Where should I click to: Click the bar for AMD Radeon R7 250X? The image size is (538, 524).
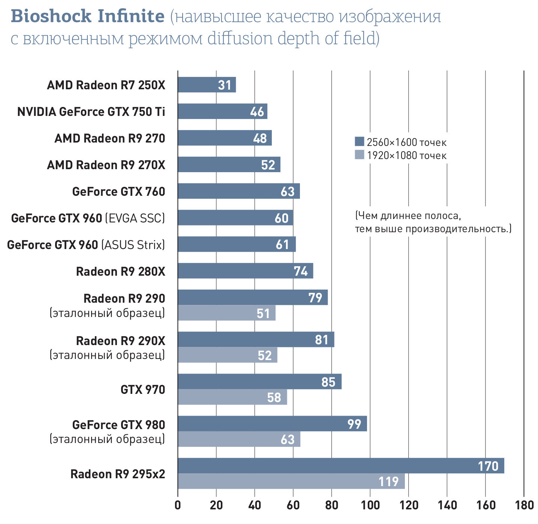(207, 85)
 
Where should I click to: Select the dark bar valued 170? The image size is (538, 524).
(340, 465)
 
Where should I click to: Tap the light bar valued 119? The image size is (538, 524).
(291, 481)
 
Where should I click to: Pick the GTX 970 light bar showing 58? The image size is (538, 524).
(232, 397)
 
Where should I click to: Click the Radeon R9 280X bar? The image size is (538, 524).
(245, 271)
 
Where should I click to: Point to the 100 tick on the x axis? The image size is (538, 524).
(370, 505)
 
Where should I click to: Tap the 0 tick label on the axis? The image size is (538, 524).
(178, 505)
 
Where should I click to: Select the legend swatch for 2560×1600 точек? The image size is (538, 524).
(359, 141)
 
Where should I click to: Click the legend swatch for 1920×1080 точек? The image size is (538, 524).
(359, 155)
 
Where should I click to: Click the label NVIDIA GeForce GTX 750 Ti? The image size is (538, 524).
(91, 112)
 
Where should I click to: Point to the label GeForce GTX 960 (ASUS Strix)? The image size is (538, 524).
(86, 245)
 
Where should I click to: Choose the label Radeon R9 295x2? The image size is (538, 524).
(118, 474)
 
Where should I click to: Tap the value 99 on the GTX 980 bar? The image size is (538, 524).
(354, 424)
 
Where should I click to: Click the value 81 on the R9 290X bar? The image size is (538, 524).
(322, 340)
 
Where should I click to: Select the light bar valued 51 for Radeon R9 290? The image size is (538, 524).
(226, 313)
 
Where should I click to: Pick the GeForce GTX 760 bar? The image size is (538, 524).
(238, 191)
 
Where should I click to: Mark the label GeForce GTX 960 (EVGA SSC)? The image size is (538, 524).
(88, 218)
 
